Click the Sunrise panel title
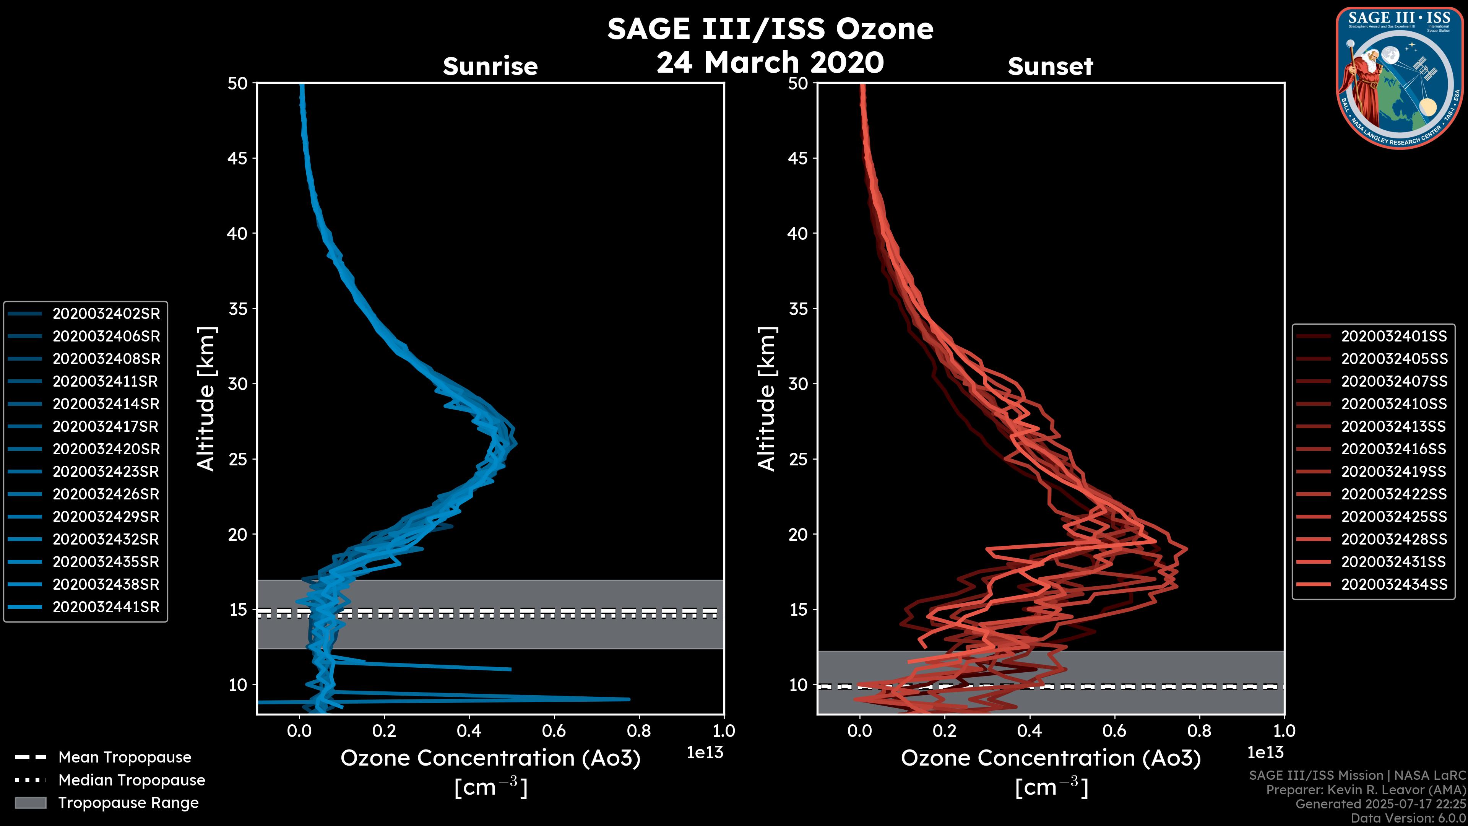[x=490, y=66]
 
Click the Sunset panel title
[x=1050, y=66]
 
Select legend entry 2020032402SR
[x=106, y=314]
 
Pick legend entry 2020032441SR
[x=106, y=607]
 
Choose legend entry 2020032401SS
[x=1394, y=337]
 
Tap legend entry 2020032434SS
[x=1394, y=584]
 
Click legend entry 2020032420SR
[x=106, y=449]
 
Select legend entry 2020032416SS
[x=1394, y=449]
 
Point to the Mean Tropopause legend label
[x=125, y=757]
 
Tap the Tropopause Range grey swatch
[x=30, y=803]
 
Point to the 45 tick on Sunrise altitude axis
[x=238, y=158]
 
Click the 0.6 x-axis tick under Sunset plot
[x=1114, y=731]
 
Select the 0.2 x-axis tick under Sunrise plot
[x=384, y=731]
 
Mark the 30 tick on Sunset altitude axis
[x=798, y=384]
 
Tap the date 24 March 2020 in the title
[x=770, y=63]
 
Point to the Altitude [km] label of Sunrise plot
[x=206, y=398]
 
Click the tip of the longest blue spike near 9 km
[x=629, y=699]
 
